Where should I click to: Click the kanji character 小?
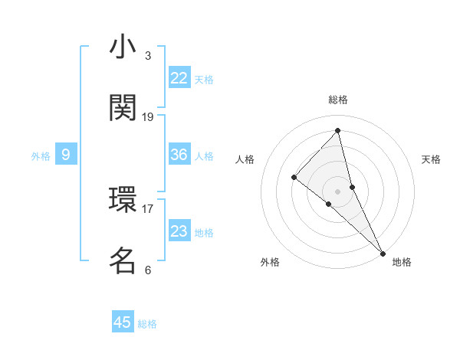123,48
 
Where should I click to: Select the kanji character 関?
123,109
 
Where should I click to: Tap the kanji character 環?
123,201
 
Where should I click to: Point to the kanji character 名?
123,261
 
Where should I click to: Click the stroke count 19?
148,117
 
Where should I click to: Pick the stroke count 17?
148,208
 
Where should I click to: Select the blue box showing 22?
179,78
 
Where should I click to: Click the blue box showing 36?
179,155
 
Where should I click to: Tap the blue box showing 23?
179,231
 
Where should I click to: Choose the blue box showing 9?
66,155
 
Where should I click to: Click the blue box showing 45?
123,322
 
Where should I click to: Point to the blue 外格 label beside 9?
41,156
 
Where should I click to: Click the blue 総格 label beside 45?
147,324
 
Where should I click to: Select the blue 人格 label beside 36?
204,156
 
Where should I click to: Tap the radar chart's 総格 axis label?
338,100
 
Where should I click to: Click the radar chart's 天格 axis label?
432,159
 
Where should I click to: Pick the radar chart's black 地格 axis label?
402,262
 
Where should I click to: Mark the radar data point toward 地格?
383,253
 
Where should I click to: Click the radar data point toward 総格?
338,130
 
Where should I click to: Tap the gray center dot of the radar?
338,191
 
